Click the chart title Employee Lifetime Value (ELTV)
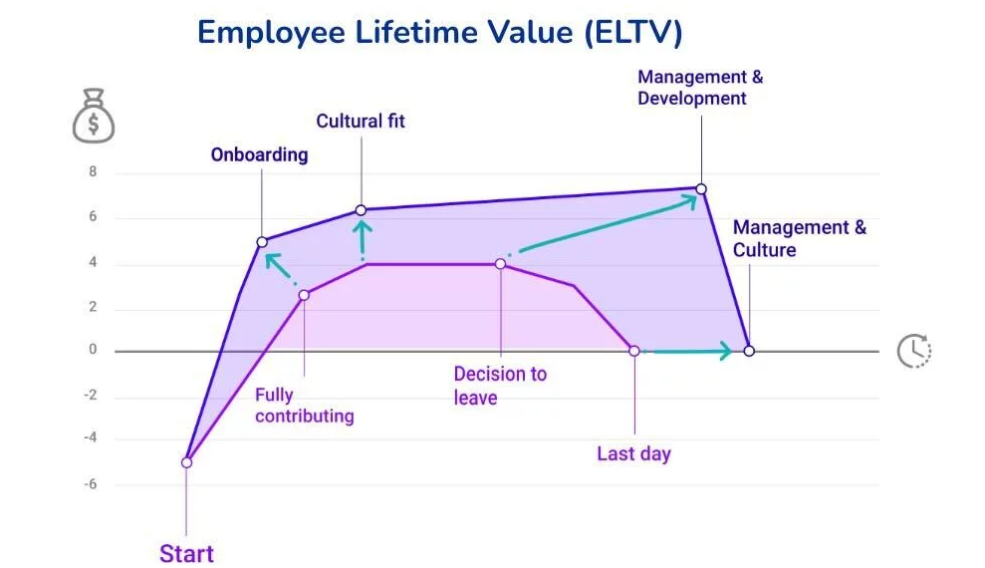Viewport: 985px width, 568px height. pyautogui.click(x=439, y=32)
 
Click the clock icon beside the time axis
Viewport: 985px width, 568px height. pyautogui.click(x=913, y=351)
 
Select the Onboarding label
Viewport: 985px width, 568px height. pyautogui.click(x=259, y=154)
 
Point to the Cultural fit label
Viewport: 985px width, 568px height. pyautogui.click(x=361, y=122)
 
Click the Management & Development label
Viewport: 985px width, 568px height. pyautogui.click(x=699, y=88)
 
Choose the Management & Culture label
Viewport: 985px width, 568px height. pyautogui.click(x=799, y=238)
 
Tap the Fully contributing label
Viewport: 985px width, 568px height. pyautogui.click(x=304, y=406)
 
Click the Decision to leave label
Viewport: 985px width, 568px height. pyautogui.click(x=499, y=386)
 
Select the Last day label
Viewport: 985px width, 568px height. pyautogui.click(x=633, y=453)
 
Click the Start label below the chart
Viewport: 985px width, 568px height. pyautogui.click(x=186, y=553)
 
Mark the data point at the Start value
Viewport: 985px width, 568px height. pyautogui.click(x=186, y=462)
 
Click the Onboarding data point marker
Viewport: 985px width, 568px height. pyautogui.click(x=262, y=242)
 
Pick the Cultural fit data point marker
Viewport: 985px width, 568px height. pyautogui.click(x=361, y=210)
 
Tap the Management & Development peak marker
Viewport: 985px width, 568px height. pyautogui.click(x=701, y=188)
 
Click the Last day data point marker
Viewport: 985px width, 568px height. pyautogui.click(x=633, y=351)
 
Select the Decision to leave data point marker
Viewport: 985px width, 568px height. pyautogui.click(x=500, y=264)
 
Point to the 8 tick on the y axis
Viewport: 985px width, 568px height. pyautogui.click(x=93, y=172)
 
